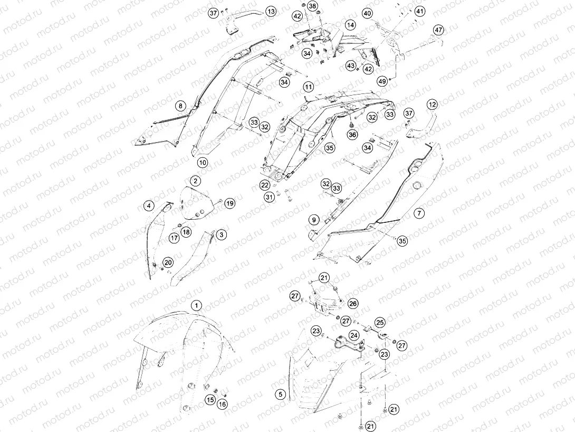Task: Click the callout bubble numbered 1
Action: tap(197, 305)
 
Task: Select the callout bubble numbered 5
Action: tap(281, 394)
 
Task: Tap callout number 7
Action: tap(419, 213)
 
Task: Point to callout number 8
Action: tap(180, 106)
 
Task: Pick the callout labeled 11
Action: tap(309, 87)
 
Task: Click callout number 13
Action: tap(271, 12)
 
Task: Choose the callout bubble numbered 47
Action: tap(438, 30)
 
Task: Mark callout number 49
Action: tap(382, 81)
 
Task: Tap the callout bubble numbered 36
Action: tap(352, 135)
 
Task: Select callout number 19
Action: tap(230, 203)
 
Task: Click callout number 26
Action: tap(353, 304)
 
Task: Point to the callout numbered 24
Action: tap(354, 335)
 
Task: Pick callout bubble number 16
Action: tap(222, 404)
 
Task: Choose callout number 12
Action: tap(433, 105)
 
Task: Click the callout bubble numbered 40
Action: tap(367, 14)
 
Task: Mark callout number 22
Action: tap(265, 185)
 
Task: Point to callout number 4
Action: tap(149, 206)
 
